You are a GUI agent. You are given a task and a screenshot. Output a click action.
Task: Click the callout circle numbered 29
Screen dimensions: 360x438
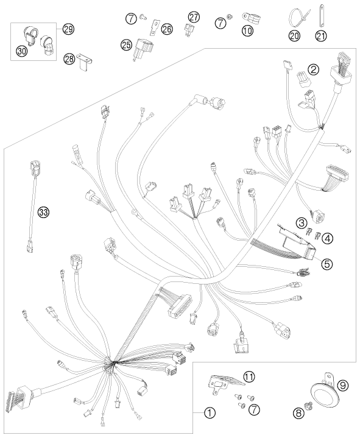[x=68, y=29]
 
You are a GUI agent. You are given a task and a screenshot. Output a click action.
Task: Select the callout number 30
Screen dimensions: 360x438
[x=22, y=51]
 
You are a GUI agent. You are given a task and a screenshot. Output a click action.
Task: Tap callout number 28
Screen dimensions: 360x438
[x=69, y=58]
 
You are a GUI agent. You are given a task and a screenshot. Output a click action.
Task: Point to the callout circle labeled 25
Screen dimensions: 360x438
[x=127, y=44]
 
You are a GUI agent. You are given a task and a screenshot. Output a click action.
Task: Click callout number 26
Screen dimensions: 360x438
[x=167, y=29]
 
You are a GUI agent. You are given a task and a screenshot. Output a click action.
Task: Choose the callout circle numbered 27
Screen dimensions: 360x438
[x=194, y=17]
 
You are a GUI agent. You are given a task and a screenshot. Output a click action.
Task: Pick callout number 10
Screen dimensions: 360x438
[x=247, y=30]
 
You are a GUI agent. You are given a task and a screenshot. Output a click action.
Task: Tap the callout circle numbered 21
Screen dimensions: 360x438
[x=321, y=36]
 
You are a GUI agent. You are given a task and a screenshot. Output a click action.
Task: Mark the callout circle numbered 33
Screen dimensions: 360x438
[x=44, y=212]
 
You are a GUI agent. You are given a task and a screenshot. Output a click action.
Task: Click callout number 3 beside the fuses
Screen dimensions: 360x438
[x=302, y=222]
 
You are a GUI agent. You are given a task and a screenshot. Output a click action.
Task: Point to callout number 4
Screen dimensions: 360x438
[x=328, y=238]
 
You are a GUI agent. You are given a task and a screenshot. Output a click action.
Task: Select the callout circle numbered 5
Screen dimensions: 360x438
[x=326, y=263]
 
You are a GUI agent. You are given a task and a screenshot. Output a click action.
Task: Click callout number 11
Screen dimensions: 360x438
[x=249, y=376]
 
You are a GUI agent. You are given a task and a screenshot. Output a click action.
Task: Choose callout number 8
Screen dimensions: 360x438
[x=298, y=413]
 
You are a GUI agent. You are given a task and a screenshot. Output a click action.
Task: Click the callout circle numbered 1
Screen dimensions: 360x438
[x=210, y=412]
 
